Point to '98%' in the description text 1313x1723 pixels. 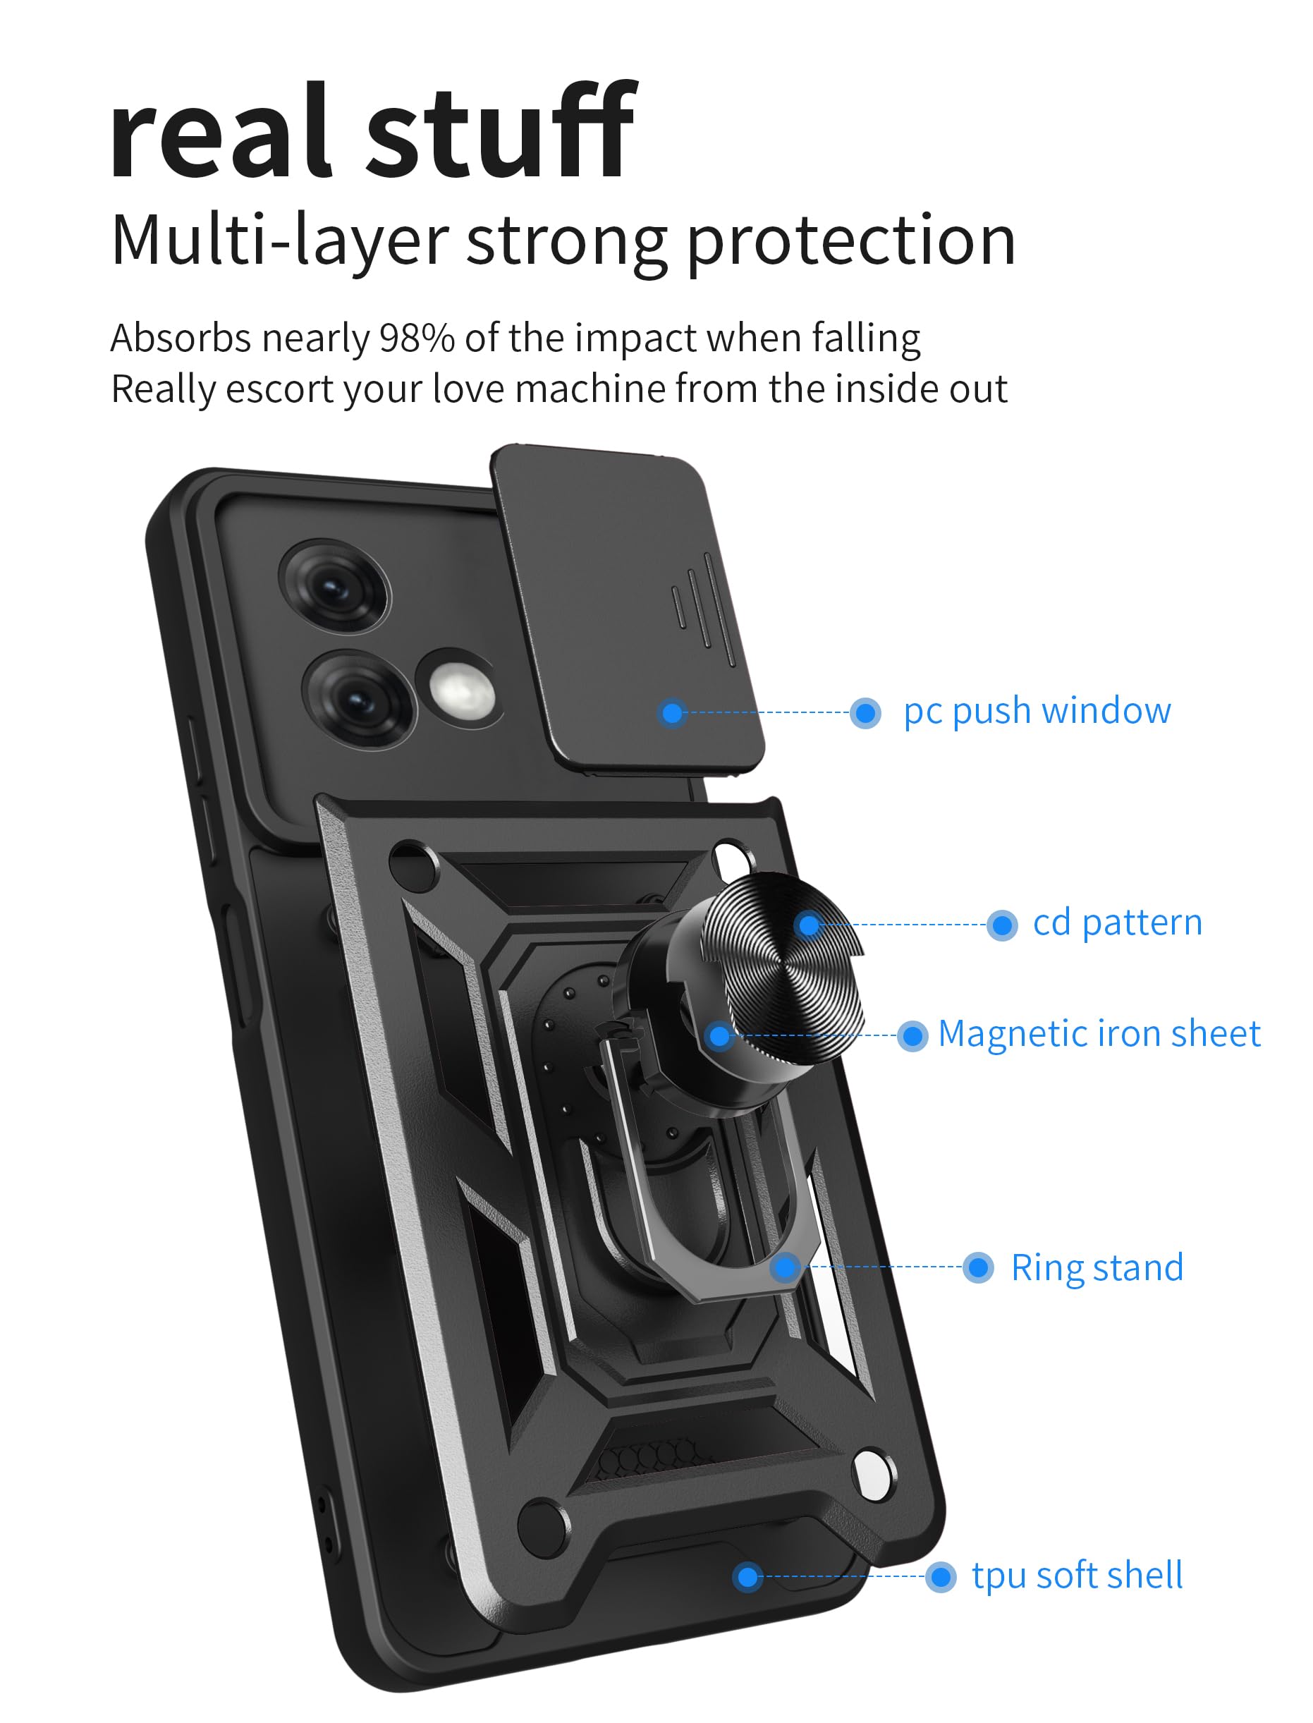pyautogui.click(x=417, y=339)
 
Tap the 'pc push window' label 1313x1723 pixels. pyautogui.click(x=1037, y=712)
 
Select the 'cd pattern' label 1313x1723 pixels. pyautogui.click(x=1117, y=923)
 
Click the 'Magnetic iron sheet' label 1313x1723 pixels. pyautogui.click(x=1098, y=1033)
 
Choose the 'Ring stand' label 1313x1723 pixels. pyautogui.click(x=1097, y=1267)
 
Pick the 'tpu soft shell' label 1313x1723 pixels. pyautogui.click(x=1076, y=1576)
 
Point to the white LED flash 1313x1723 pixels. pyautogui.click(x=461, y=693)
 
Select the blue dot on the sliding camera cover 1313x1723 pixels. pyautogui.click(x=672, y=712)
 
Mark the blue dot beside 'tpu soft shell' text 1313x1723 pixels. pyautogui.click(x=940, y=1577)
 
